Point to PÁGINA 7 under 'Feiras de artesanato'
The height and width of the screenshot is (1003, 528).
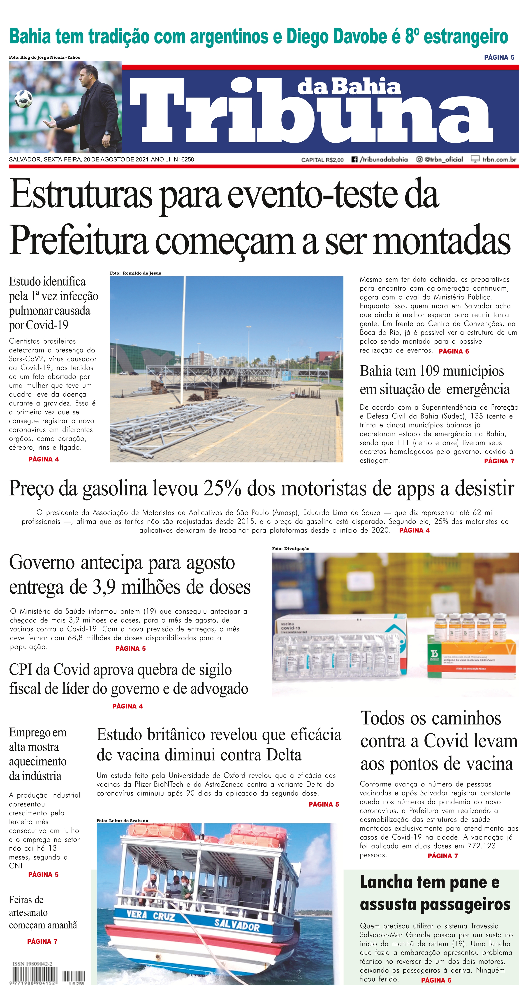pyautogui.click(x=42, y=942)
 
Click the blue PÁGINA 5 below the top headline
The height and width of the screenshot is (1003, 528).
pyautogui.click(x=499, y=57)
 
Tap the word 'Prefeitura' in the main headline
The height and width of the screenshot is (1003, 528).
pyautogui.click(x=79, y=241)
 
